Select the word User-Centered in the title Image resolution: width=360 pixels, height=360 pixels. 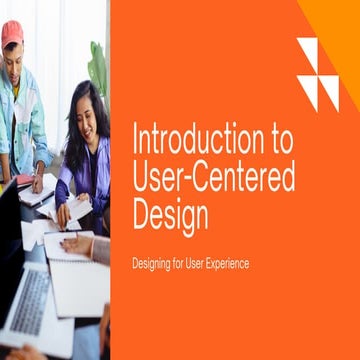(214, 177)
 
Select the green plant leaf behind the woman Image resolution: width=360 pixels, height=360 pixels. (98, 65)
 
